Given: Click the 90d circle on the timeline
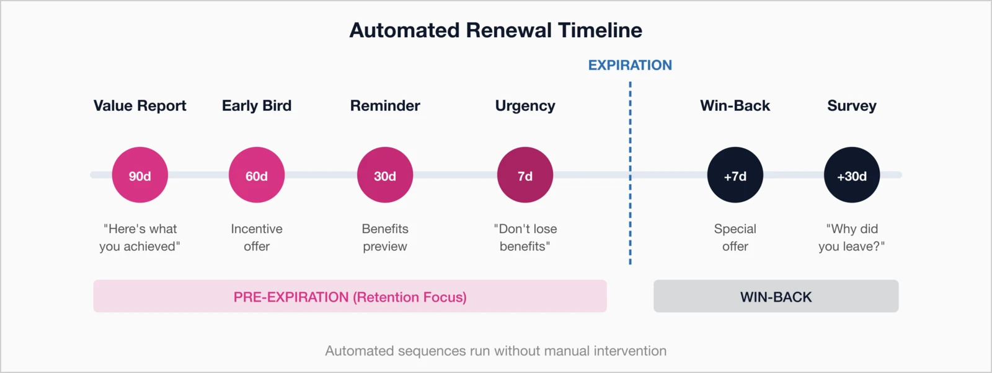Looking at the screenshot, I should click(139, 175).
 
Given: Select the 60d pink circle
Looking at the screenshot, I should click(257, 175).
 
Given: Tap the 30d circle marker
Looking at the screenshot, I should click(385, 175).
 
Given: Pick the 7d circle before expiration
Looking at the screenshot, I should click(525, 175).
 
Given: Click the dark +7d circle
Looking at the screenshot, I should click(735, 175).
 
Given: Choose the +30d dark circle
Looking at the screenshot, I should click(852, 175).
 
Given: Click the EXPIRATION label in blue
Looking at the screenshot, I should click(630, 65).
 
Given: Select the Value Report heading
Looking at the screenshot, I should click(139, 106).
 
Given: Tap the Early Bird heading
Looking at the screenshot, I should click(257, 106).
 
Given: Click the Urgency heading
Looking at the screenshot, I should click(525, 106).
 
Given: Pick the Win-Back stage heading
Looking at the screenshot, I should click(735, 106).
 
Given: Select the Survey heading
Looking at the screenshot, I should click(852, 106).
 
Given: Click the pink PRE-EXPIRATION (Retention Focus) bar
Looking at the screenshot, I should click(350, 296).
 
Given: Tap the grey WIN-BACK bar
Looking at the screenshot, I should click(776, 296).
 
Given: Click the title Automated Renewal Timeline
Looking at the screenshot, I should click(495, 30).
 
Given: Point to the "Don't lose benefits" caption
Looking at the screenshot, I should click(525, 237).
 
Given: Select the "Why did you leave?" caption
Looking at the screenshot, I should click(852, 237).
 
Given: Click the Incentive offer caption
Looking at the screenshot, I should click(257, 237).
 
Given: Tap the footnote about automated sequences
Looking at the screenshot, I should click(495, 351).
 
